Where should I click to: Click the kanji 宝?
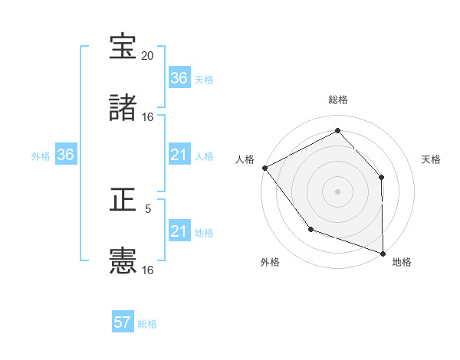[x=123, y=47]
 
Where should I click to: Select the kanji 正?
[x=123, y=201]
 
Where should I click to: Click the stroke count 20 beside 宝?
[x=148, y=56]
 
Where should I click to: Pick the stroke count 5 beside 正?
[x=148, y=208]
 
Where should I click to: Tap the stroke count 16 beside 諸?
[x=148, y=117]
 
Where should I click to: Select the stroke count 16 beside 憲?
[x=148, y=270]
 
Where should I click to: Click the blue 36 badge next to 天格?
[x=179, y=78]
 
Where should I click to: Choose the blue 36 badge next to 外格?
[x=65, y=155]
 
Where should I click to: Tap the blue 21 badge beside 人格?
[x=179, y=155]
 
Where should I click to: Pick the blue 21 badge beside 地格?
[x=179, y=231]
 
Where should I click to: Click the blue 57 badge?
[x=123, y=322]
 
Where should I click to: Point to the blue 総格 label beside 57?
[x=147, y=324]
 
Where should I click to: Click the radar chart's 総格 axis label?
[x=338, y=100]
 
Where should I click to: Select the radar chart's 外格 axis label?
[x=270, y=262]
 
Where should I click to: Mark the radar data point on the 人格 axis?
[x=264, y=168]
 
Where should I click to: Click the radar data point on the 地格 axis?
[x=383, y=252]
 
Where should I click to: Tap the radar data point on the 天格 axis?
[x=381, y=177]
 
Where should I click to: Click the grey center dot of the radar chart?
[x=337, y=191]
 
